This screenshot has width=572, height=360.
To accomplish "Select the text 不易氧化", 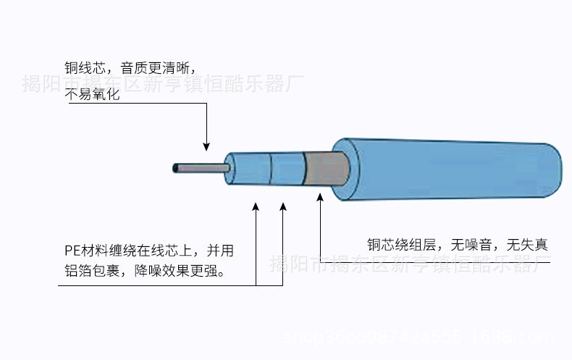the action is (92, 94).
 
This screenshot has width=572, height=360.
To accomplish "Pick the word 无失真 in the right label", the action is (527, 245).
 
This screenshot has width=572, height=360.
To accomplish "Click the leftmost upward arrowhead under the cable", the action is (256, 208).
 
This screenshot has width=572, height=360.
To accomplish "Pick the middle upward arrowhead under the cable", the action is (283, 208).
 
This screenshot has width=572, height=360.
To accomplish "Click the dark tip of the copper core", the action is (175, 169).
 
